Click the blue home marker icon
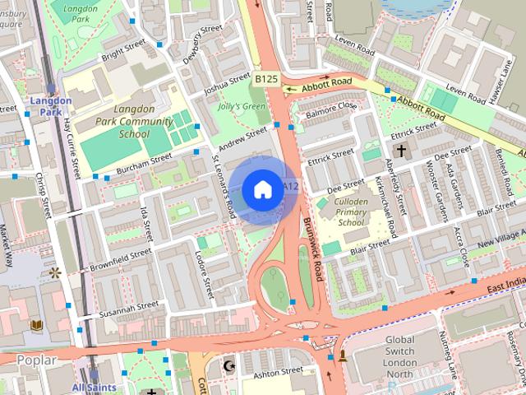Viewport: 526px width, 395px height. (x=262, y=190)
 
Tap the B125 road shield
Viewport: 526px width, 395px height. (x=265, y=79)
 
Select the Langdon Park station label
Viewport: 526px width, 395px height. (x=51, y=106)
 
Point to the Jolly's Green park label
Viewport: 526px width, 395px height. (x=242, y=107)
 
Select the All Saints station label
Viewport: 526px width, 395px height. (x=94, y=387)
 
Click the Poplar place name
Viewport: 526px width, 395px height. (x=36, y=360)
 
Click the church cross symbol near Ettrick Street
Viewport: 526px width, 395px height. (x=400, y=151)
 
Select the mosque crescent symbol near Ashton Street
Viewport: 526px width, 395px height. (x=229, y=365)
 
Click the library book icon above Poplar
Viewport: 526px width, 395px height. (x=36, y=326)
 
